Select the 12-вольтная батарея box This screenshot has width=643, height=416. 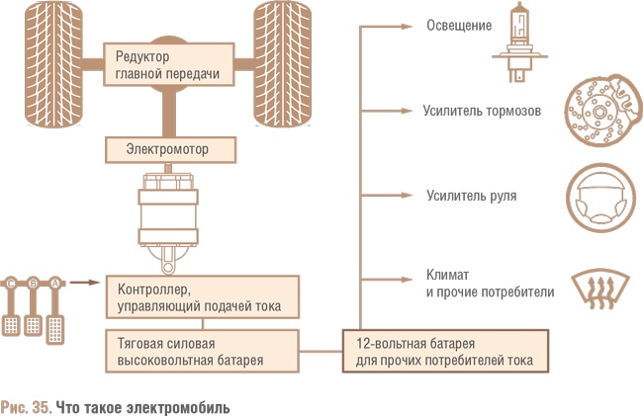point(445,352)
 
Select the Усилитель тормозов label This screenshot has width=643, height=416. point(482,111)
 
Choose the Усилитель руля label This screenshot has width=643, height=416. point(471,196)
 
